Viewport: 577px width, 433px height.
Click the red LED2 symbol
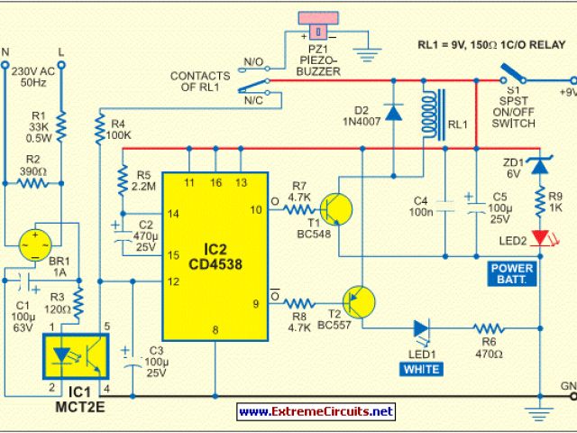pyautogui.click(x=539, y=238)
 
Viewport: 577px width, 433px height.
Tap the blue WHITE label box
pyautogui.click(x=422, y=370)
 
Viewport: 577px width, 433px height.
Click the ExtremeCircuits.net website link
pyautogui.click(x=316, y=411)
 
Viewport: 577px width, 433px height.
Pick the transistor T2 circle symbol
pyautogui.click(x=358, y=302)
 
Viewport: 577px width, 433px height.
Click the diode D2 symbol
pyautogui.click(x=393, y=113)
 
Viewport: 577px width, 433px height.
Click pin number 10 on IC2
pyautogui.click(x=255, y=210)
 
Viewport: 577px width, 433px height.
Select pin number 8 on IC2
pyautogui.click(x=215, y=332)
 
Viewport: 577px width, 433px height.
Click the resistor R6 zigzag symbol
pyautogui.click(x=490, y=329)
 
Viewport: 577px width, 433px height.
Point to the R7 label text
pyautogui.click(x=298, y=185)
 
